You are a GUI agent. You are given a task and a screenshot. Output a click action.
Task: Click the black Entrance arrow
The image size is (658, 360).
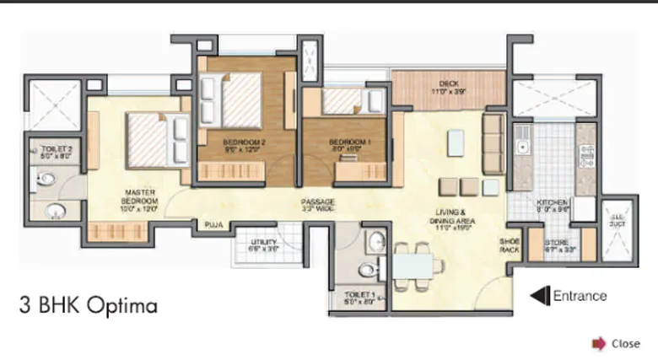coord(538,295)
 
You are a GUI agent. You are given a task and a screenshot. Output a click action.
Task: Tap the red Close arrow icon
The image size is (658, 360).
coord(599,343)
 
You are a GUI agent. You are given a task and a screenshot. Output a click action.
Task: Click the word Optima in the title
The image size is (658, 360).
coord(125,305)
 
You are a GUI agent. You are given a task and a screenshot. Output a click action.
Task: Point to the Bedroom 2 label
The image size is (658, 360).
coord(245,146)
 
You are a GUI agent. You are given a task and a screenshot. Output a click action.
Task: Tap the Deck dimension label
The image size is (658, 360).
coord(449,87)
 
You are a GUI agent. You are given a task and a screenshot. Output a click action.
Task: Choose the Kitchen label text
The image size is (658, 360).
coord(553,207)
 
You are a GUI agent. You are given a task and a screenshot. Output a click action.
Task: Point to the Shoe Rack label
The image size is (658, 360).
coord(510,244)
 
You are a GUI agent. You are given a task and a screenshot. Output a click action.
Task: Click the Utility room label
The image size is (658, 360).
coord(264,245)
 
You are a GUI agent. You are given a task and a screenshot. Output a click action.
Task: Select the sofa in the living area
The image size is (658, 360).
coord(493,139)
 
